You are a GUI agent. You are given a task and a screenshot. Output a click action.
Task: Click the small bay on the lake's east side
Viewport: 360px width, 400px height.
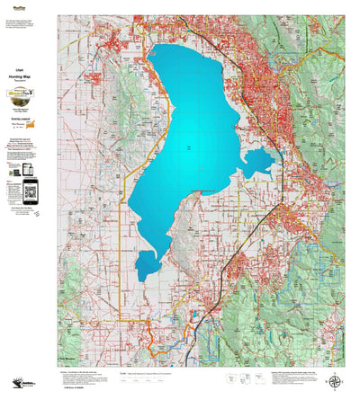pyautogui.click(x=259, y=162)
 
